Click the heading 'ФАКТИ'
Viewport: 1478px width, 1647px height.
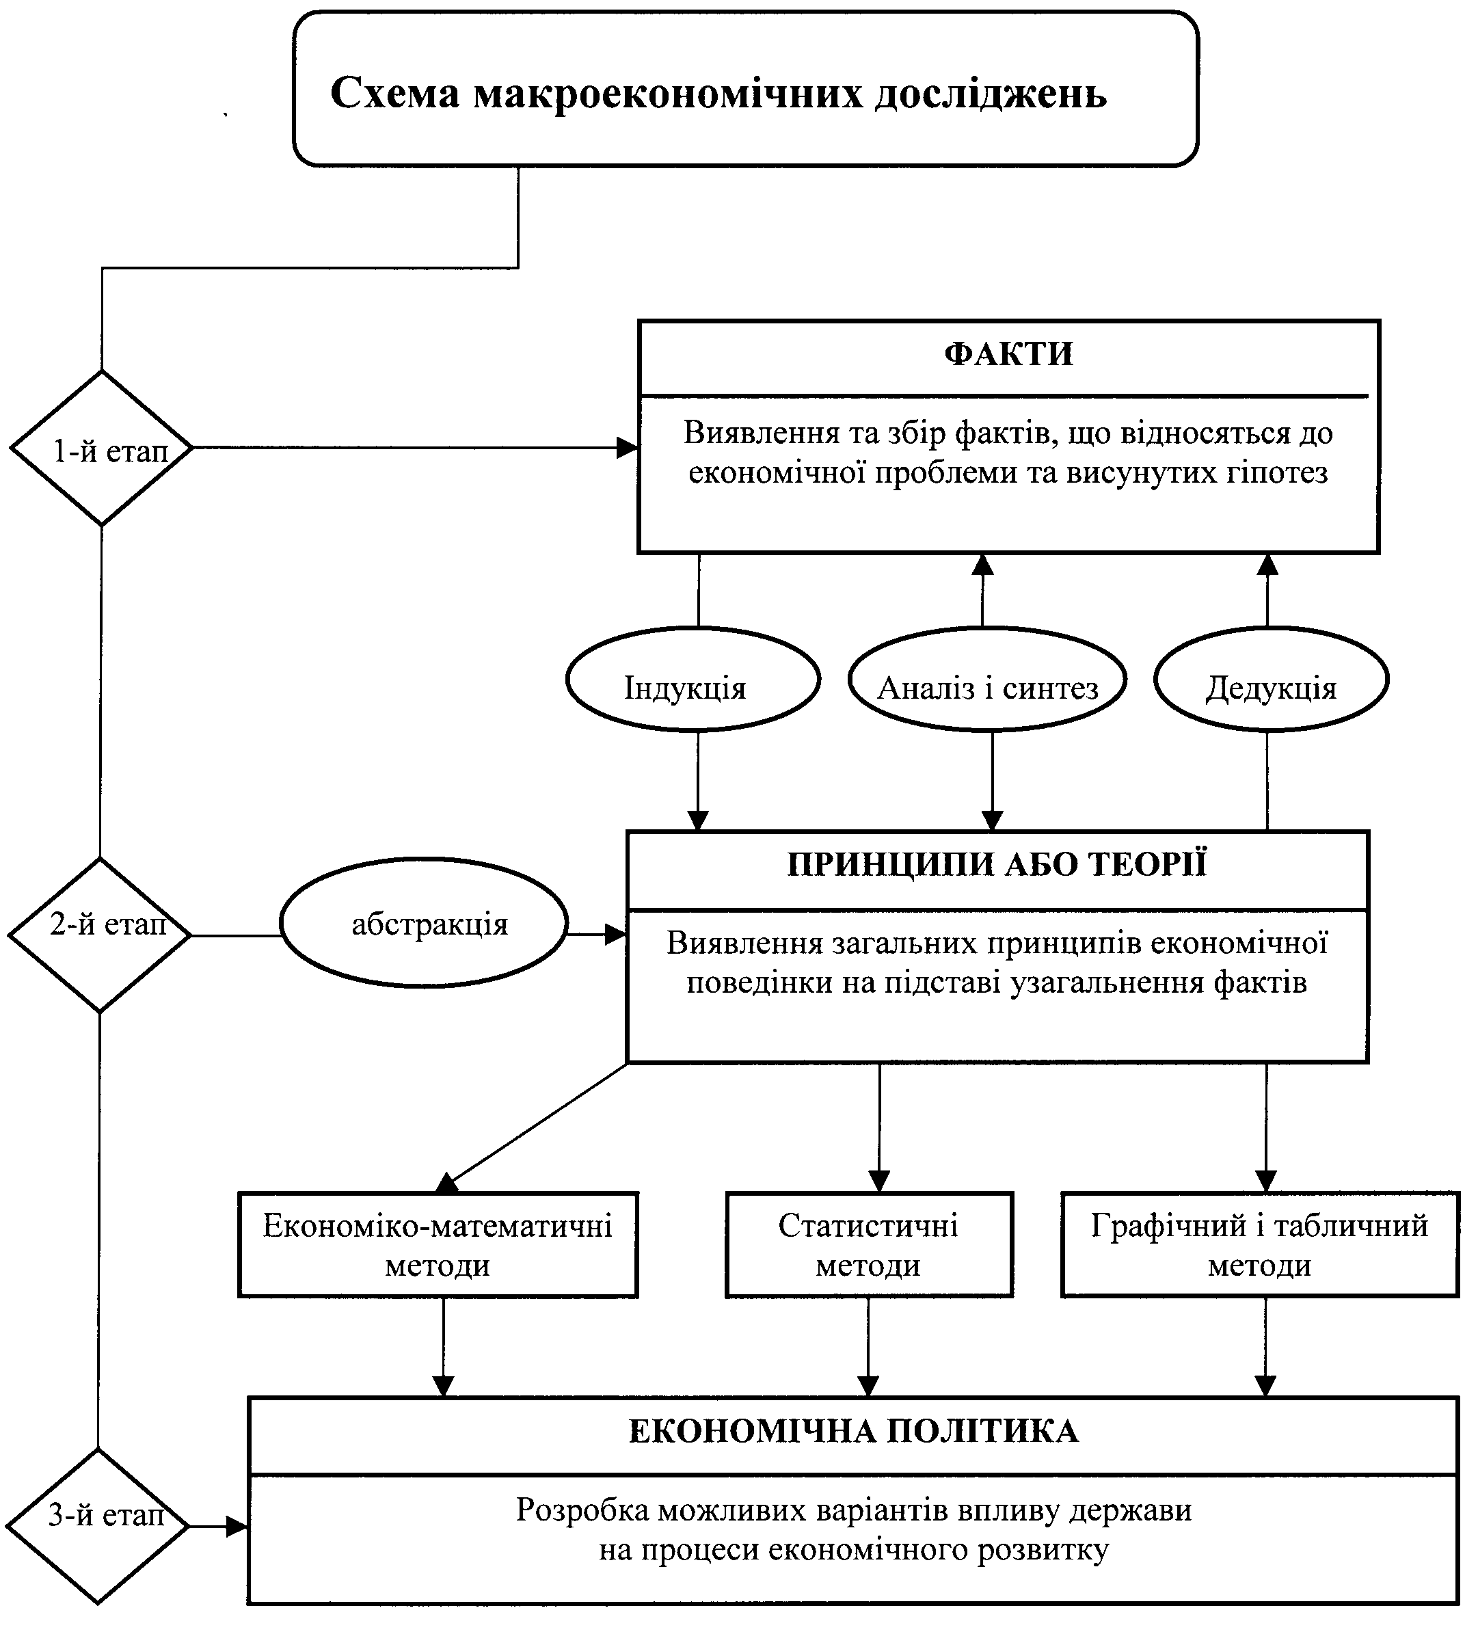tap(1008, 354)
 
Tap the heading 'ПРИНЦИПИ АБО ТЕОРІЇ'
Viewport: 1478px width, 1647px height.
tap(997, 864)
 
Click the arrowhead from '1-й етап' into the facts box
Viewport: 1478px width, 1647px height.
tap(628, 448)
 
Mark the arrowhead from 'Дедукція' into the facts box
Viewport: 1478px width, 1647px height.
tap(1267, 565)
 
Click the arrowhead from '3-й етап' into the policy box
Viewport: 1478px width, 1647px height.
tap(237, 1526)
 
